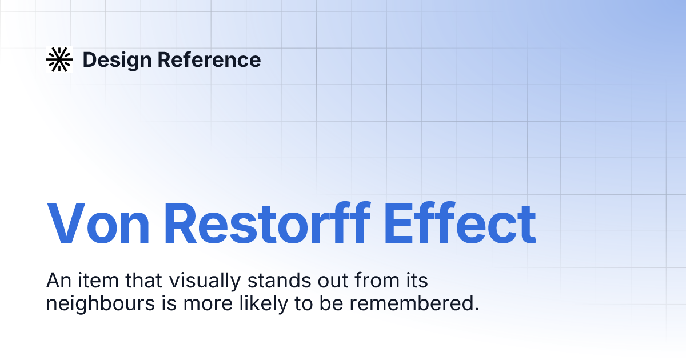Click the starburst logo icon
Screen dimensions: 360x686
[x=59, y=59]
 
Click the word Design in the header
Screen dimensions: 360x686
[x=117, y=59]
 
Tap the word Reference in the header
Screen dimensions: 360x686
[x=208, y=59]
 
